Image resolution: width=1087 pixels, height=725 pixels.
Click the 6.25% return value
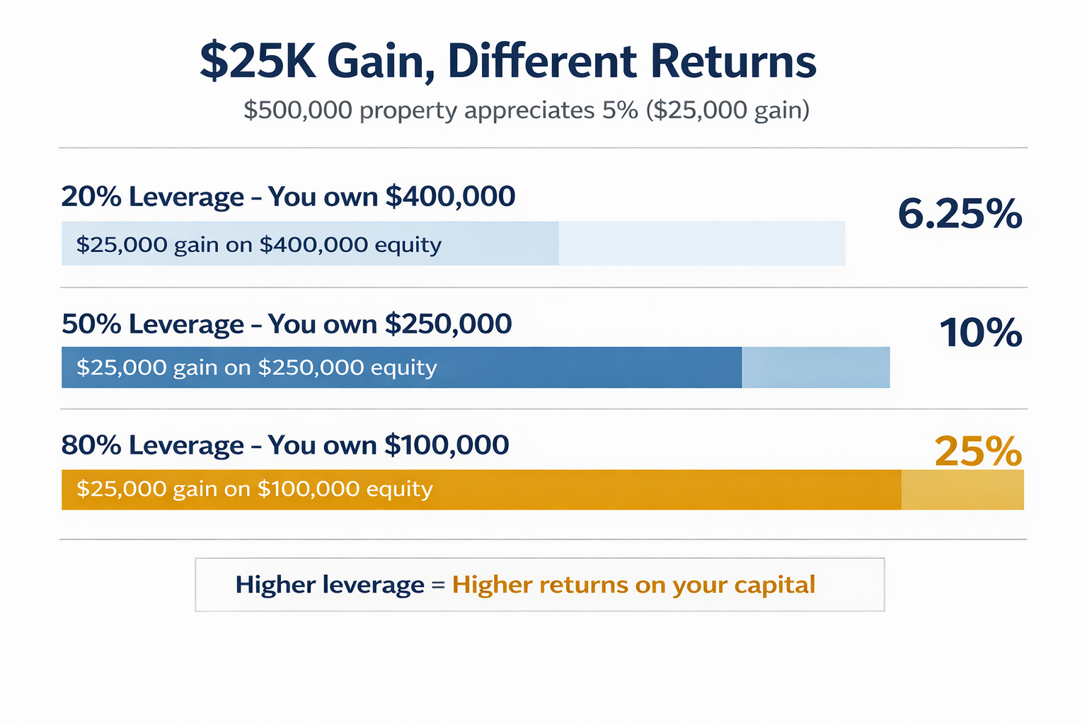pos(960,214)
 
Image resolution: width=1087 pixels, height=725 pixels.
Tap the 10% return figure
pos(980,333)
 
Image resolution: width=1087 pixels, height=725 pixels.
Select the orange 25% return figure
pos(978,451)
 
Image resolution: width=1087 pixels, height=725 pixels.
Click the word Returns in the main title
pos(733,62)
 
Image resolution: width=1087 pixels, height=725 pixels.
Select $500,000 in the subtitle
pos(298,110)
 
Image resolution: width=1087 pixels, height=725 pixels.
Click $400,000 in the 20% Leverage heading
pos(450,196)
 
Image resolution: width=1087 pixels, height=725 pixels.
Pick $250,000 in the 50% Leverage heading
pos(448,324)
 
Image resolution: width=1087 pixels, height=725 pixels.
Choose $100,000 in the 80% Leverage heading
pos(447,445)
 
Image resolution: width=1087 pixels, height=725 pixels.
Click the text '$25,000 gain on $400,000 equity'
pos(258,244)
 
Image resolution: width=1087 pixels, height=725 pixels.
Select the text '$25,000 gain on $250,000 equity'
pos(256,367)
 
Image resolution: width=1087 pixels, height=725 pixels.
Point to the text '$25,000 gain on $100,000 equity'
pos(254,489)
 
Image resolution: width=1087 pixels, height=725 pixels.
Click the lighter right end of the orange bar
pos(962,490)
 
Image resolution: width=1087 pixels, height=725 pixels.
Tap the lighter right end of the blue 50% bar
pos(815,367)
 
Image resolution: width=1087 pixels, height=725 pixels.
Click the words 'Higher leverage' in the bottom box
pos(330,585)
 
